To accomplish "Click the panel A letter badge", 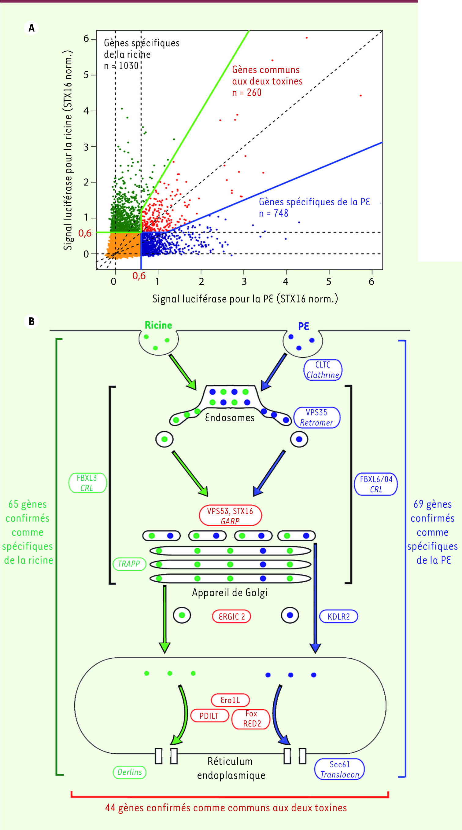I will pos(31,28).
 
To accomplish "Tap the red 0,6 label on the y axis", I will pos(85,233).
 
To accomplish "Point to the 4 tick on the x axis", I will pos(286,281).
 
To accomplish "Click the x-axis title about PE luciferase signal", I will pos(245,299).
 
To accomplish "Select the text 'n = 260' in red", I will pos(247,93).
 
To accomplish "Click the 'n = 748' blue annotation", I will pos(273,213).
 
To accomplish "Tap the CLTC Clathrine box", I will pos(323,370).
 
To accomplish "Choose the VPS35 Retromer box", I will pos(316,418).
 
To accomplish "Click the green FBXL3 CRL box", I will pos(87,483).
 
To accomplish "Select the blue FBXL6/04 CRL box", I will pos(376,484).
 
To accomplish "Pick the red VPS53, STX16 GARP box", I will pos(230,516).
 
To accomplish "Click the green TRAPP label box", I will pos(129,564).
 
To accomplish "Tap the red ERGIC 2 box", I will pos(231,616).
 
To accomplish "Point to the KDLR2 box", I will pos(338,616).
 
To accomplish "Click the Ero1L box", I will pos(230,700).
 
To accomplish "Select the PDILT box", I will pos(209,716).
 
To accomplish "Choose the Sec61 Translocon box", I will pos(339,770).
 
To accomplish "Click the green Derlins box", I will pos(130,772).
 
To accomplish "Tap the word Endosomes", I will pos(230,418).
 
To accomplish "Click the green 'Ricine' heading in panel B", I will pos(158,325).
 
